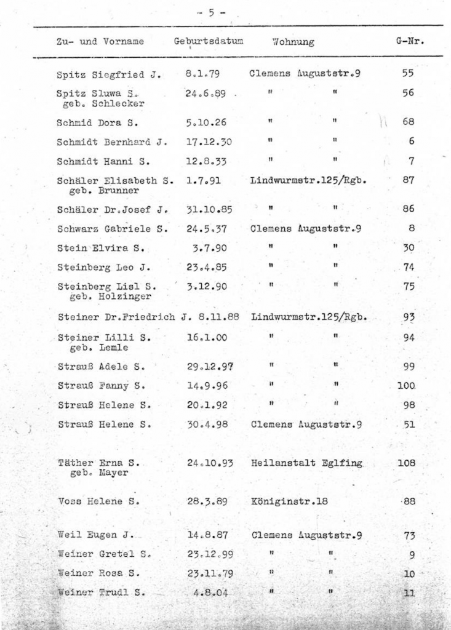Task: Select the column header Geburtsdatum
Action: [x=209, y=41]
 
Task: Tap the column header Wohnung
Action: [x=293, y=42]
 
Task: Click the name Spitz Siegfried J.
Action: [x=109, y=76]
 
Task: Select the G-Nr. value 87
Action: [x=409, y=181]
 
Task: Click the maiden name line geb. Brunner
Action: [x=95, y=192]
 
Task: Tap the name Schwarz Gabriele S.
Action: [x=113, y=228]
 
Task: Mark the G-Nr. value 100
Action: [x=407, y=386]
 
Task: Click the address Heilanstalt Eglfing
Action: [x=307, y=463]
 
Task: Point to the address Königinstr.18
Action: [x=289, y=501]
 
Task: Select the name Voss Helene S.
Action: [x=98, y=501]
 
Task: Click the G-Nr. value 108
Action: [x=406, y=463]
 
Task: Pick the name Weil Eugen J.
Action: [x=95, y=535]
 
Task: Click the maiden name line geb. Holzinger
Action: [x=100, y=298]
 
